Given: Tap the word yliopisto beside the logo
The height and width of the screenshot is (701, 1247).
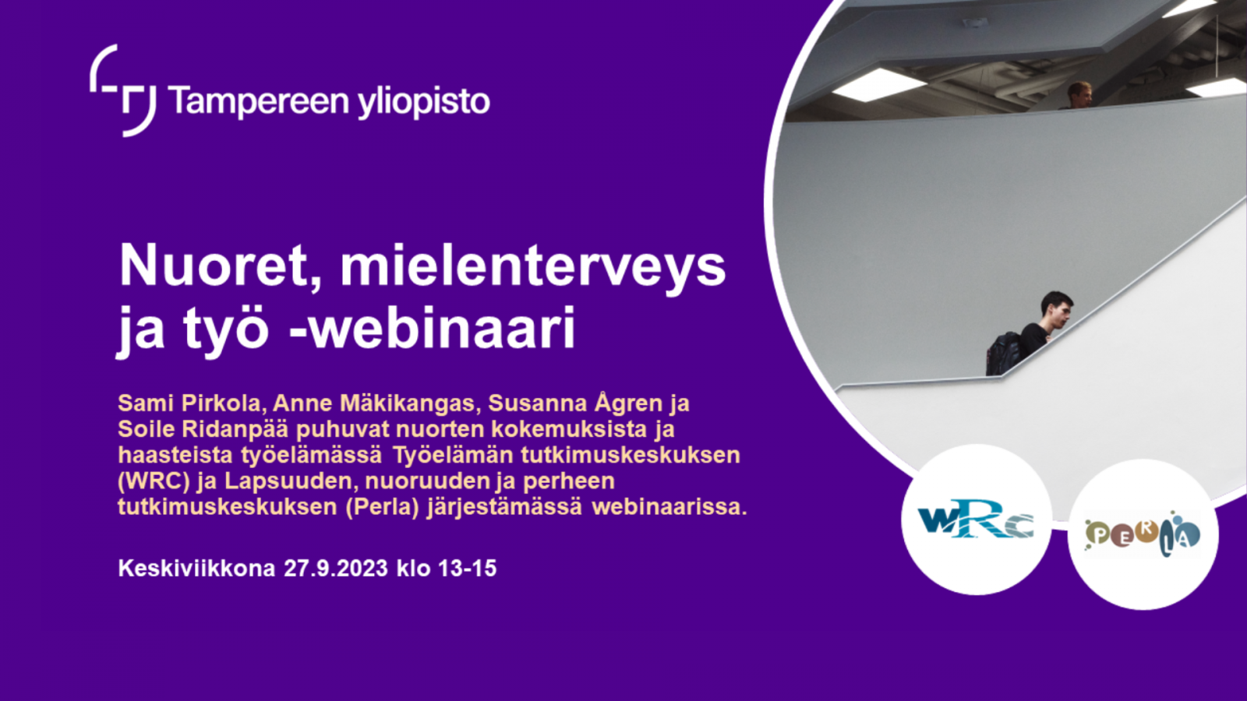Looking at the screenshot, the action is click(x=424, y=102).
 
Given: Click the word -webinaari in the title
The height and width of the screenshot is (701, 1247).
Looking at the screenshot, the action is click(x=432, y=327).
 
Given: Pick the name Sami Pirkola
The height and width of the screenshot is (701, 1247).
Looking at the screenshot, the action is click(x=189, y=403).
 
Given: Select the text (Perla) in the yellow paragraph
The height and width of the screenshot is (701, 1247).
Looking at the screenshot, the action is click(x=382, y=507).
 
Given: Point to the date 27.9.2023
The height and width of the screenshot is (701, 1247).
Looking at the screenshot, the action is click(x=335, y=569).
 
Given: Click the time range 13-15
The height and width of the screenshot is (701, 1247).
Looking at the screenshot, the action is click(x=467, y=569).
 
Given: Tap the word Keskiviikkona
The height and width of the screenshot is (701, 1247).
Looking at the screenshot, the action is click(x=196, y=569).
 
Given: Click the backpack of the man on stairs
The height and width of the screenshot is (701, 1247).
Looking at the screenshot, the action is click(x=1005, y=353).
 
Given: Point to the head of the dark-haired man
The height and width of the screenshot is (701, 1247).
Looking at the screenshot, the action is click(x=1056, y=309).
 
